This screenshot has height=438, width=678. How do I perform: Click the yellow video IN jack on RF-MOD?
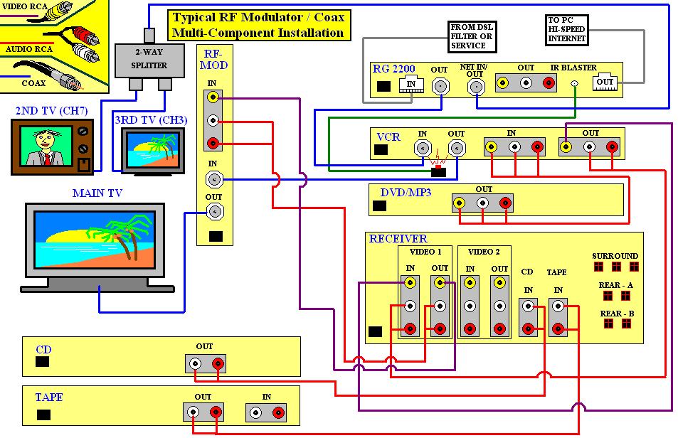pyautogui.click(x=212, y=99)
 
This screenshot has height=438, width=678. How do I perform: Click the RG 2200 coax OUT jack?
pyautogui.click(x=441, y=87)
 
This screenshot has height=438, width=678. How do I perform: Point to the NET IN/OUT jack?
pyautogui.click(x=475, y=87)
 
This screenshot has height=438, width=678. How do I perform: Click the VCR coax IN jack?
pyautogui.click(x=423, y=149)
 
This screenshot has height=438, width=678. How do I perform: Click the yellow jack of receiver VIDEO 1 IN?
pyautogui.click(x=410, y=282)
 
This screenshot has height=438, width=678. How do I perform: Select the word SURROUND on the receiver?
pyautogui.click(x=615, y=256)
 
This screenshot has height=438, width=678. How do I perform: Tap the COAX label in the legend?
pyautogui.click(x=33, y=82)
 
